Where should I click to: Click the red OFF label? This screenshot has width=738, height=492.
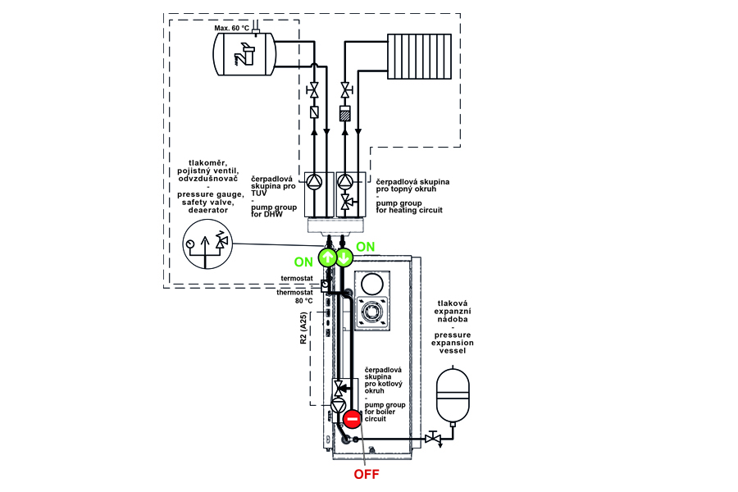367,473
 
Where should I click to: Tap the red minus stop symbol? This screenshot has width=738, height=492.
352,420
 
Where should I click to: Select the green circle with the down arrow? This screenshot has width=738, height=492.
344,256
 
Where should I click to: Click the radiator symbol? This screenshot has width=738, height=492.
418,53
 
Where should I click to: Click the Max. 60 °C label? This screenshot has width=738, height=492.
232,28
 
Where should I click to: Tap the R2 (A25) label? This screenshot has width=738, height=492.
304,327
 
